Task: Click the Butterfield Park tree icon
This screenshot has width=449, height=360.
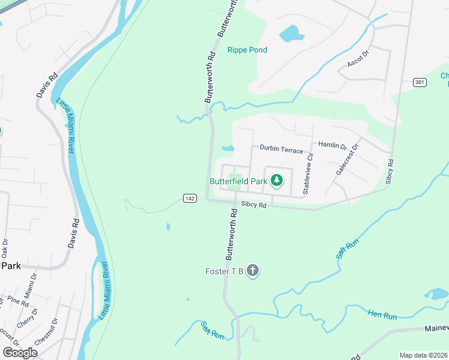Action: (276, 180)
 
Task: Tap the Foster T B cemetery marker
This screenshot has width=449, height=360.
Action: (253, 271)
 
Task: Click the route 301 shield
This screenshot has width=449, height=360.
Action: (419, 82)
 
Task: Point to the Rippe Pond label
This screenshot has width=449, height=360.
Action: (247, 50)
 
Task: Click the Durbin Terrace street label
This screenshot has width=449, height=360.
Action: (282, 149)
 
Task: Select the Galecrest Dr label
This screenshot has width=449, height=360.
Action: (347, 159)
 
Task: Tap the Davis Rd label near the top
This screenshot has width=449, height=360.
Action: (47, 86)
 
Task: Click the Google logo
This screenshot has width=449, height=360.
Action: (20, 352)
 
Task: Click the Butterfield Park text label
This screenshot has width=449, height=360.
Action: (238, 181)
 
